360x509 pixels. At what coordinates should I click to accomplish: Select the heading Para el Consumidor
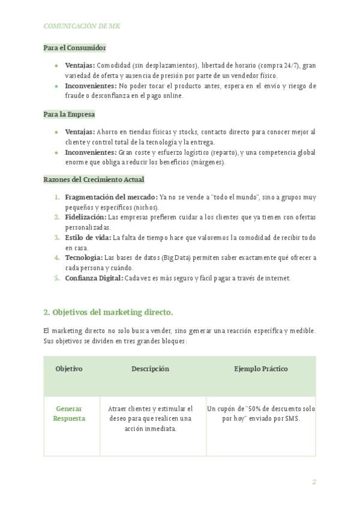coord(74,47)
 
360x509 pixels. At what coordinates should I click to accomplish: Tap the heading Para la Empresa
coord(69,113)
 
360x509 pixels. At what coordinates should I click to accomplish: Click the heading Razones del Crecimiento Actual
coord(94,179)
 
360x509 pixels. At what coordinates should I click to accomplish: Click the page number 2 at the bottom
coord(313,481)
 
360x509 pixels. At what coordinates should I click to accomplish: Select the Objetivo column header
coord(69,369)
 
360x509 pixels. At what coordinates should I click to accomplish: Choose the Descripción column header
coord(150,369)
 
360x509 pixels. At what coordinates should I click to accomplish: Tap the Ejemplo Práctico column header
coord(260,369)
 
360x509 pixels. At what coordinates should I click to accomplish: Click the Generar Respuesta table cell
coord(69,414)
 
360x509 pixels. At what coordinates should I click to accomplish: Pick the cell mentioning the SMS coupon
coord(260,414)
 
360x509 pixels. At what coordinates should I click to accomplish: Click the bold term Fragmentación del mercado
coord(111,197)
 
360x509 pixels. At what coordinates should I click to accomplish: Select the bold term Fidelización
coord(85,217)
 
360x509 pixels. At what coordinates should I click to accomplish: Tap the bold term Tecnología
coord(84,258)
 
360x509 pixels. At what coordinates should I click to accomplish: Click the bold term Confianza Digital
coord(94,278)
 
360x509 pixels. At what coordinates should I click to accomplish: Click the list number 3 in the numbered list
coord(57,237)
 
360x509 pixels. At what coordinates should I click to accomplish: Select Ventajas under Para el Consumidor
coord(80,65)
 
